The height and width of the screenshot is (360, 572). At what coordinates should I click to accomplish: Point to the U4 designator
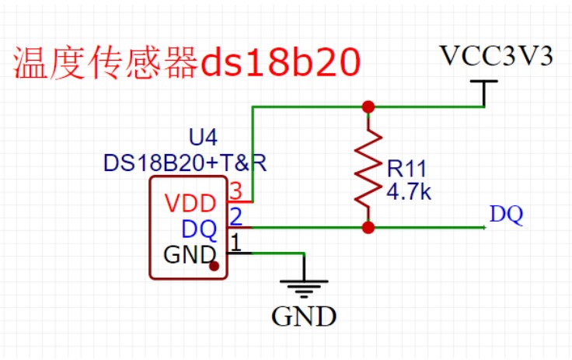click(x=204, y=138)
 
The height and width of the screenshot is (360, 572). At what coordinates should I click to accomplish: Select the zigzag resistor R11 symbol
click(x=368, y=167)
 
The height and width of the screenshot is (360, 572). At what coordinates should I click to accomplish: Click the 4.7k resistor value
click(x=408, y=190)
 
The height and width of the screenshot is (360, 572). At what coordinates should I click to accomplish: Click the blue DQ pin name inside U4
click(x=199, y=229)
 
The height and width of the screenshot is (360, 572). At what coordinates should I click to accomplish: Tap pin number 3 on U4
click(x=236, y=190)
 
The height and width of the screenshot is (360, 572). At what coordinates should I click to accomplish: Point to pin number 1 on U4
click(x=238, y=242)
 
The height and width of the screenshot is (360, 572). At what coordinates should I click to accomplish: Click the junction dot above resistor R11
click(x=368, y=107)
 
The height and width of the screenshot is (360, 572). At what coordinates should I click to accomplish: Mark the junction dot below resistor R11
click(x=368, y=228)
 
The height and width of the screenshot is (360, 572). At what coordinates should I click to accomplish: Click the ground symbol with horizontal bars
click(x=304, y=285)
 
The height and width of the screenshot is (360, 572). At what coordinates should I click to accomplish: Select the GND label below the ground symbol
click(x=304, y=316)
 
